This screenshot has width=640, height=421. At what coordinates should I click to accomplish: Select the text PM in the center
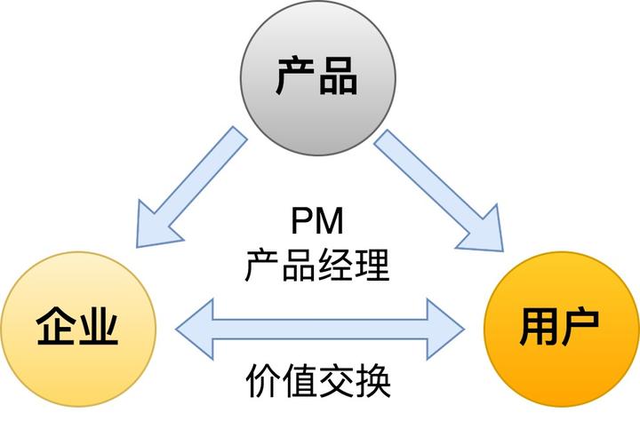coord(316,221)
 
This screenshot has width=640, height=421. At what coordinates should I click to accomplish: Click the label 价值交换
coord(317,383)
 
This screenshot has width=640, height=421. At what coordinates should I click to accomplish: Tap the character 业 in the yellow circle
coord(98,327)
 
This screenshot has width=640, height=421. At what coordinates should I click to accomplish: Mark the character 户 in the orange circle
coord(580,326)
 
